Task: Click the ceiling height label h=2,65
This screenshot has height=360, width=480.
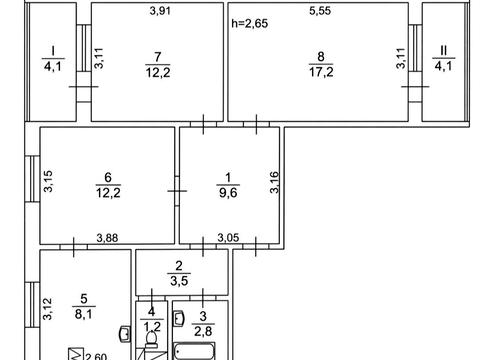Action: click(x=250, y=24)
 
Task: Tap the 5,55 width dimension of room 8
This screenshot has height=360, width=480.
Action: click(x=320, y=11)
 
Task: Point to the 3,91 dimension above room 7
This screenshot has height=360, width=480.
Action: click(x=160, y=11)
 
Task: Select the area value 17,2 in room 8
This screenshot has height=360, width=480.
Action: click(x=321, y=72)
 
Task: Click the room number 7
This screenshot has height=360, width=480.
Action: click(x=158, y=57)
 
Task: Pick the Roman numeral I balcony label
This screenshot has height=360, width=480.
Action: click(x=53, y=51)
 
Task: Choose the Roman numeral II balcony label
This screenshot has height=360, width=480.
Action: click(x=443, y=51)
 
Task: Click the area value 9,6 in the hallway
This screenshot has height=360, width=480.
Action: click(x=228, y=193)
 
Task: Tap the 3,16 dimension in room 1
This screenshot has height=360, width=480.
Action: click(x=274, y=182)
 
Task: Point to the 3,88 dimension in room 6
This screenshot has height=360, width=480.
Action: click(x=107, y=238)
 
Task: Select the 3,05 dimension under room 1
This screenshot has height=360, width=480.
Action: click(x=228, y=238)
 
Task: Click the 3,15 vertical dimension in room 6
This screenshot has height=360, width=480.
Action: click(x=48, y=181)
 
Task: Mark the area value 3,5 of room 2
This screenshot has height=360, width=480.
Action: click(x=179, y=281)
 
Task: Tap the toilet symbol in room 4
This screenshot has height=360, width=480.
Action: click(x=152, y=339)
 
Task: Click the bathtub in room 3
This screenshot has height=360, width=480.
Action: click(x=194, y=352)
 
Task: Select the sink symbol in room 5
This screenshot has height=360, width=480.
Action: click(x=126, y=334)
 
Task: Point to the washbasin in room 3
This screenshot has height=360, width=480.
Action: click(x=179, y=318)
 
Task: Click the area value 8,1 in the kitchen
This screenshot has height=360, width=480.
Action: click(x=83, y=314)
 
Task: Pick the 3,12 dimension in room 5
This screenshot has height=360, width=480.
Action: click(x=48, y=309)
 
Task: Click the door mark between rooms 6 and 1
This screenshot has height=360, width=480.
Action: click(x=177, y=191)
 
